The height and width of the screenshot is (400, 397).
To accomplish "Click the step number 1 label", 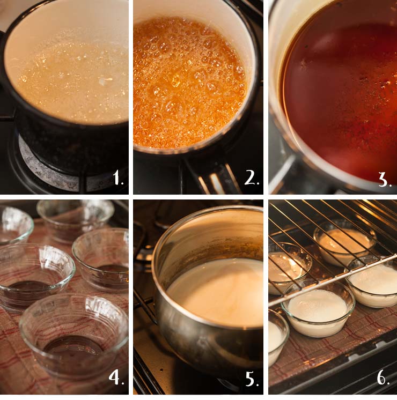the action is (x=119, y=177).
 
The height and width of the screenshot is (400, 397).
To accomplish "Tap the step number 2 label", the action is (x=252, y=177).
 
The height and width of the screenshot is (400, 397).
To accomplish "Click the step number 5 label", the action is (x=252, y=379).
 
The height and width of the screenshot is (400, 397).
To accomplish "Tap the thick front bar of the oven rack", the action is (x=332, y=280).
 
